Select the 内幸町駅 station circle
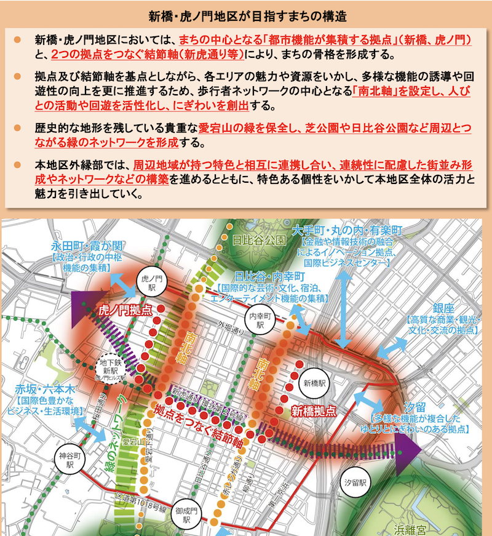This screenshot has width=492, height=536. pyautogui.click(x=260, y=319)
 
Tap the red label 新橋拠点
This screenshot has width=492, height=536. pyautogui.click(x=314, y=410)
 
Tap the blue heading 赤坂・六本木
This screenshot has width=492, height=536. pyautogui.click(x=46, y=389)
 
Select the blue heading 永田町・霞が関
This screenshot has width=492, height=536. pyautogui.click(x=80, y=246)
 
